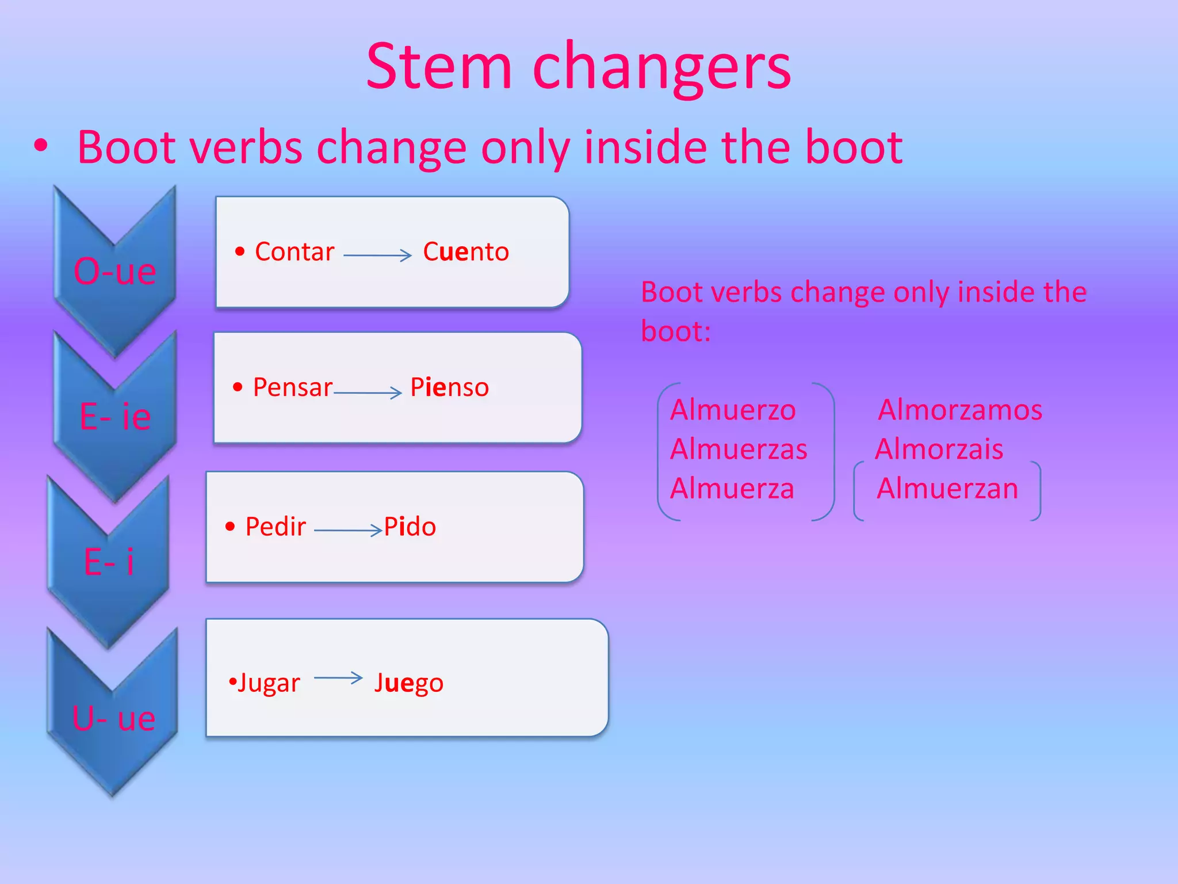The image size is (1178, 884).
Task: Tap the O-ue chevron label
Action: coord(114,270)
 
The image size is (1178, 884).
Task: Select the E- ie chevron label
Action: coord(115,416)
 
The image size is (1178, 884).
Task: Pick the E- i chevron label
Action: coord(109,561)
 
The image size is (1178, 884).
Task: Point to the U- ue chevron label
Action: coord(113,718)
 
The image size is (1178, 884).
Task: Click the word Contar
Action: coord(294,252)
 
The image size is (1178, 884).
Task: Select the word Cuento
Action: coord(465,252)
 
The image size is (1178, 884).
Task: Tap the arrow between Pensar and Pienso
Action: coord(368,393)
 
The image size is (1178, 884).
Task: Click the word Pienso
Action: coord(449,387)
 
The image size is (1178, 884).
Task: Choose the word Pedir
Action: coord(276,527)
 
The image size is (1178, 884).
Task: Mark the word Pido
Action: coord(410,527)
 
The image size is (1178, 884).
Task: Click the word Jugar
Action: coord(268,683)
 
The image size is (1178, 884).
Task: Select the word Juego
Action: coord(408,683)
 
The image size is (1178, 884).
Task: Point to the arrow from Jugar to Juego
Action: coord(338,678)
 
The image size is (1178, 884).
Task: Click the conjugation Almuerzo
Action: coord(733,410)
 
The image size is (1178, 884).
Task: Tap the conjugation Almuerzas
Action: coord(739,449)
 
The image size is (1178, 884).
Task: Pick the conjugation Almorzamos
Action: coord(960,410)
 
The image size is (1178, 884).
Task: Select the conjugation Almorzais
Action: coord(939,449)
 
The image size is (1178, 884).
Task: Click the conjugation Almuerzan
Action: coord(947,489)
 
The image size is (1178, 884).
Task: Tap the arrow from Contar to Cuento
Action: coord(377,255)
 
